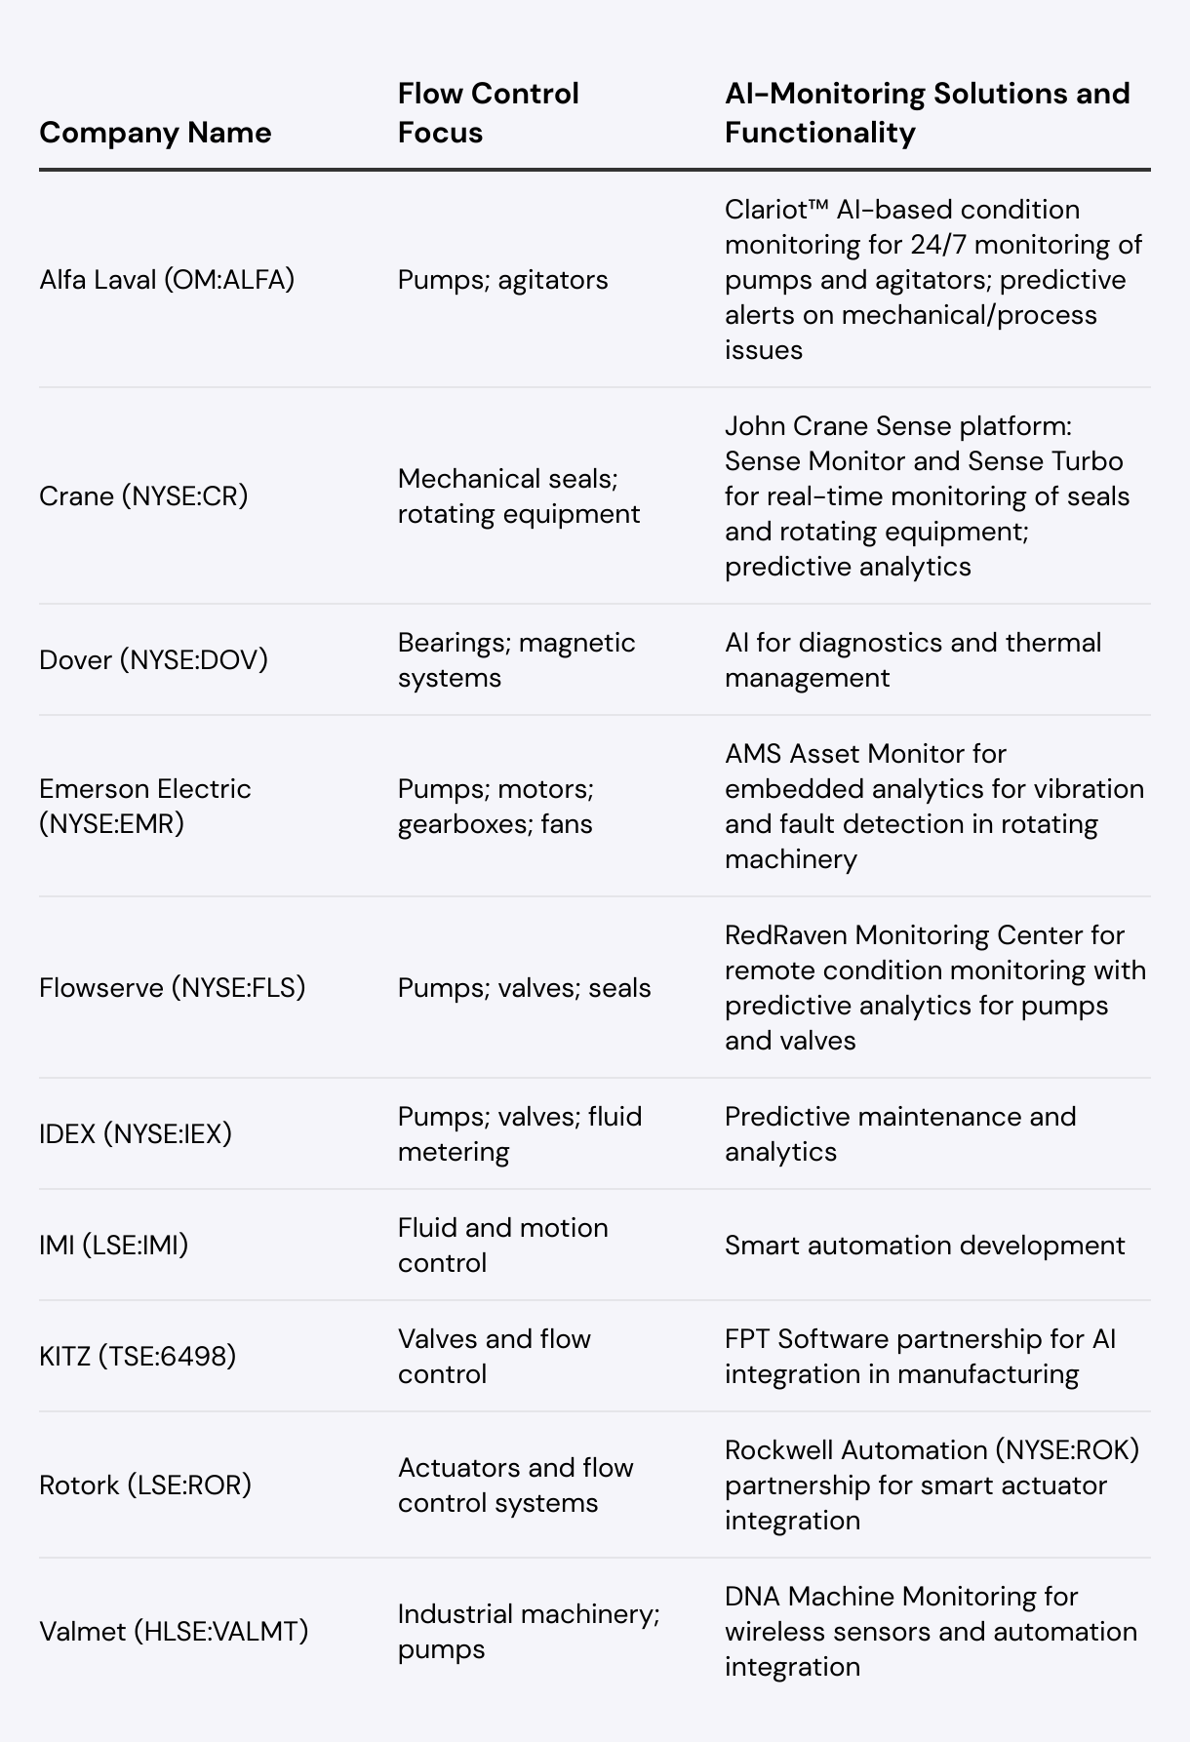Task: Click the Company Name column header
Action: [x=155, y=133]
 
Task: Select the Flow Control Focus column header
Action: [x=488, y=113]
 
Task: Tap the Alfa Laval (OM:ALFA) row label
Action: [x=167, y=280]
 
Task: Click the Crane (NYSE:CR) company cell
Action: [x=143, y=496]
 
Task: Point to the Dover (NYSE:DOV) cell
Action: [x=153, y=660]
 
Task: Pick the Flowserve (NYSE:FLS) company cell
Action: [x=173, y=988]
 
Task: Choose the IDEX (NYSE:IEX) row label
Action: [x=136, y=1134]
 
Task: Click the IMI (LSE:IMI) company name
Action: [x=114, y=1246]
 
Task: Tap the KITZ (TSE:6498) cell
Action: [x=138, y=1357]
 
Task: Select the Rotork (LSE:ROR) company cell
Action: [x=145, y=1485]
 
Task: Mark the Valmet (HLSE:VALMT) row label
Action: [x=174, y=1632]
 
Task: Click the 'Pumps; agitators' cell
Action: [x=502, y=280]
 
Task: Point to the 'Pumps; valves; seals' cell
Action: [x=524, y=988]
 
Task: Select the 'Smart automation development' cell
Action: [x=925, y=1246]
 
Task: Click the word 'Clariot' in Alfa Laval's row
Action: [x=769, y=210]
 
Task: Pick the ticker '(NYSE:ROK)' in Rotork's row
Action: [x=1067, y=1450]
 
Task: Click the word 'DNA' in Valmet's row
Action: [x=752, y=1597]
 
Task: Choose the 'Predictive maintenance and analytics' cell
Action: [x=899, y=1134]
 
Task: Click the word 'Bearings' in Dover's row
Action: [x=451, y=643]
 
